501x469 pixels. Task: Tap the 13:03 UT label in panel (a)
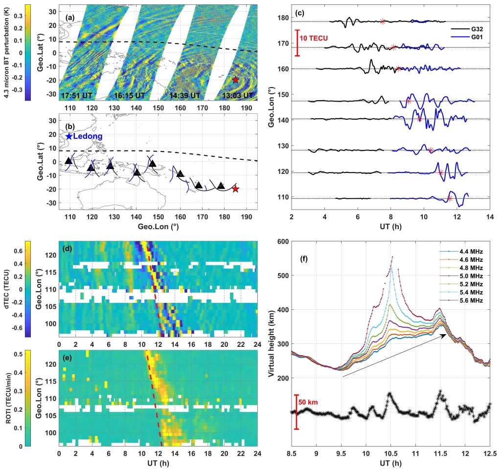[236, 95]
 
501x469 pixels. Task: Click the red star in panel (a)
[235, 80]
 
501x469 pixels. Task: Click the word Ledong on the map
[88, 137]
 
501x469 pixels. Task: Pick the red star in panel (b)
[235, 189]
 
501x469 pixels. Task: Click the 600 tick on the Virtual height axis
[282, 241]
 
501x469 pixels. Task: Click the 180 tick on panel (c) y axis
[283, 18]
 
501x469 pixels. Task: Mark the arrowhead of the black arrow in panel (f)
[445, 335]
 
